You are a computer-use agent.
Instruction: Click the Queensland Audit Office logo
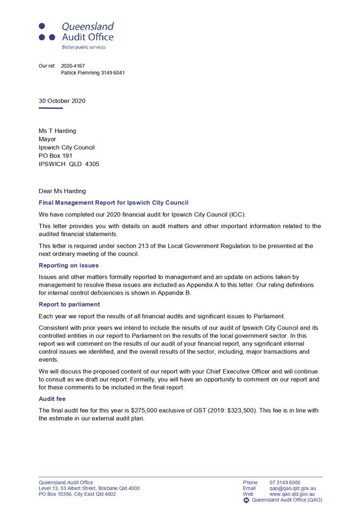click(x=76, y=32)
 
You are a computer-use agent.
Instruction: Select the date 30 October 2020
click(x=62, y=101)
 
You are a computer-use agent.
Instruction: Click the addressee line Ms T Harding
click(x=57, y=131)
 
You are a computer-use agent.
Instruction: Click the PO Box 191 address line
click(x=55, y=156)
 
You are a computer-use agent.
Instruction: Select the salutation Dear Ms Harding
click(x=62, y=191)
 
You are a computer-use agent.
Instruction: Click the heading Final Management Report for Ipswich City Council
click(x=114, y=203)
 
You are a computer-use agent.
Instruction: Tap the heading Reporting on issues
click(x=69, y=265)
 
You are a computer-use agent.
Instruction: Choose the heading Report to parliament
click(x=69, y=304)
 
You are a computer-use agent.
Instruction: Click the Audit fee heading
click(x=52, y=399)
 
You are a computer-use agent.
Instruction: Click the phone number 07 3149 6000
click(x=285, y=483)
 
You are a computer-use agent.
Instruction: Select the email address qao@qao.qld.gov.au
click(x=293, y=488)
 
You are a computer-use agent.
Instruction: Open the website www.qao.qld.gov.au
click(x=292, y=494)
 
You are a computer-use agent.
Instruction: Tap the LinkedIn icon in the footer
click(x=246, y=500)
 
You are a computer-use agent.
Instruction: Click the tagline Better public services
click(x=84, y=47)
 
